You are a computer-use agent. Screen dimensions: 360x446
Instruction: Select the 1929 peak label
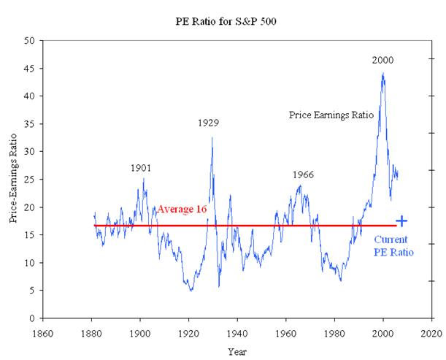pos(208,123)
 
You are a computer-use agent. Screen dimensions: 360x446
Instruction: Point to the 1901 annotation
pos(141,168)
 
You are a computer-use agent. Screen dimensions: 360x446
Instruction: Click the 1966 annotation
pos(303,175)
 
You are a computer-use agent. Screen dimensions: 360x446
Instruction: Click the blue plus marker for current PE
pos(401,221)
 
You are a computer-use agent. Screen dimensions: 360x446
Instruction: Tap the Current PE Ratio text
pos(393,245)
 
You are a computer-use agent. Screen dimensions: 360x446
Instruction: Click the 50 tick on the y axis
pos(30,41)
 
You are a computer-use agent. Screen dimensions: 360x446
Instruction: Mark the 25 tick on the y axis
pos(30,180)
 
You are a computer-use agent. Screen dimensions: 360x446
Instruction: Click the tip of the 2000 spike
pos(382,73)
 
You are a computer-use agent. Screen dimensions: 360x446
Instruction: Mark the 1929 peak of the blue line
pos(212,137)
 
